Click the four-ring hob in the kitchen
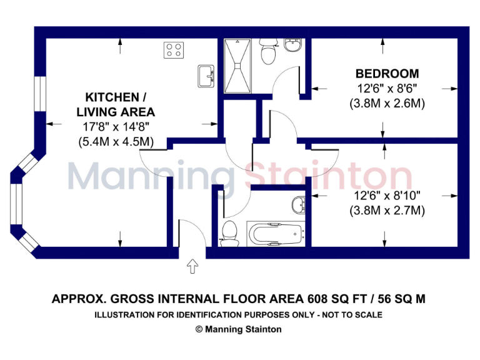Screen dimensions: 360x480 173,50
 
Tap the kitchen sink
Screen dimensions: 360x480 206,77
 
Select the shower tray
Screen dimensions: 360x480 238,64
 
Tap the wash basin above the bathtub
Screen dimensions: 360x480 299,204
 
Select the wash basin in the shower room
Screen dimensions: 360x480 292,46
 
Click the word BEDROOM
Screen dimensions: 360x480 387,74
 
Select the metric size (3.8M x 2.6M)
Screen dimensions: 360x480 387,104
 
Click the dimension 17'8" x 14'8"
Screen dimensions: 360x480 116,127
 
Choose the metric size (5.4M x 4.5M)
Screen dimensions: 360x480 116,142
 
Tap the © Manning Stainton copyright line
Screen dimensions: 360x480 238,329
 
